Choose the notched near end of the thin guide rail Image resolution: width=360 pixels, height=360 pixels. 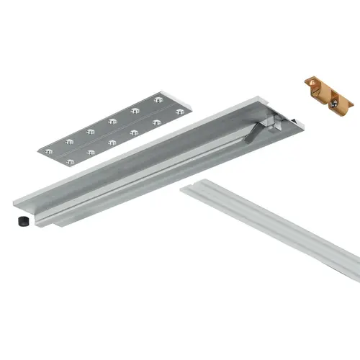[x=189, y=190]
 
